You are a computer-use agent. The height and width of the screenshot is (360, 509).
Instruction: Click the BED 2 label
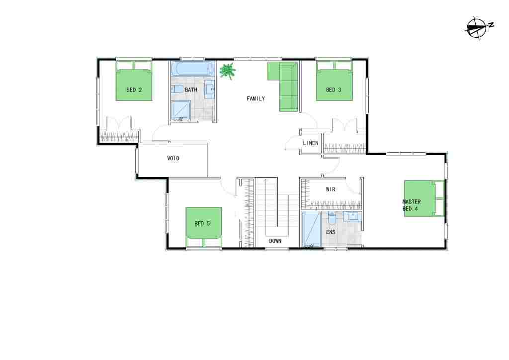134,90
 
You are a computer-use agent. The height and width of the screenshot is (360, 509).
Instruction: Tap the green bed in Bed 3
335,81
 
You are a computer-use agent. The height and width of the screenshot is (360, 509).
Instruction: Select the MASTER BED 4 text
411,205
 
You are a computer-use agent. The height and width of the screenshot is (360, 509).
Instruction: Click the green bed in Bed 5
204,227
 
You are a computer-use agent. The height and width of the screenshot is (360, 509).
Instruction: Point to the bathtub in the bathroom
192,69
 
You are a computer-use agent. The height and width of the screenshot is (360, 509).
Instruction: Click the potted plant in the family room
227,71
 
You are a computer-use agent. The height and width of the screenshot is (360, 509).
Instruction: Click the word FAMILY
256,98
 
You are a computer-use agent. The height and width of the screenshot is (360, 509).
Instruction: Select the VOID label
173,159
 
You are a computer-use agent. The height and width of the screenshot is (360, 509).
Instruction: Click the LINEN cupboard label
311,143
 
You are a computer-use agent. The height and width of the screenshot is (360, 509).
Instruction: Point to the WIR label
331,189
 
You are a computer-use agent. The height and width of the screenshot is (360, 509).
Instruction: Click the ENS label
331,232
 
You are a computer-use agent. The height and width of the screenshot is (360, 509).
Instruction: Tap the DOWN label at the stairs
275,241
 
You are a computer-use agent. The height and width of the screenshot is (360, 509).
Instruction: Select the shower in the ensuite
311,229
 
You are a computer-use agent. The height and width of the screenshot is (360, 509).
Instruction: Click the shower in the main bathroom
180,111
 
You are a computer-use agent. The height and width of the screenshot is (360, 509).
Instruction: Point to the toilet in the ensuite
332,218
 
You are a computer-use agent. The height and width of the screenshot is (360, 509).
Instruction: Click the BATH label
191,90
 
